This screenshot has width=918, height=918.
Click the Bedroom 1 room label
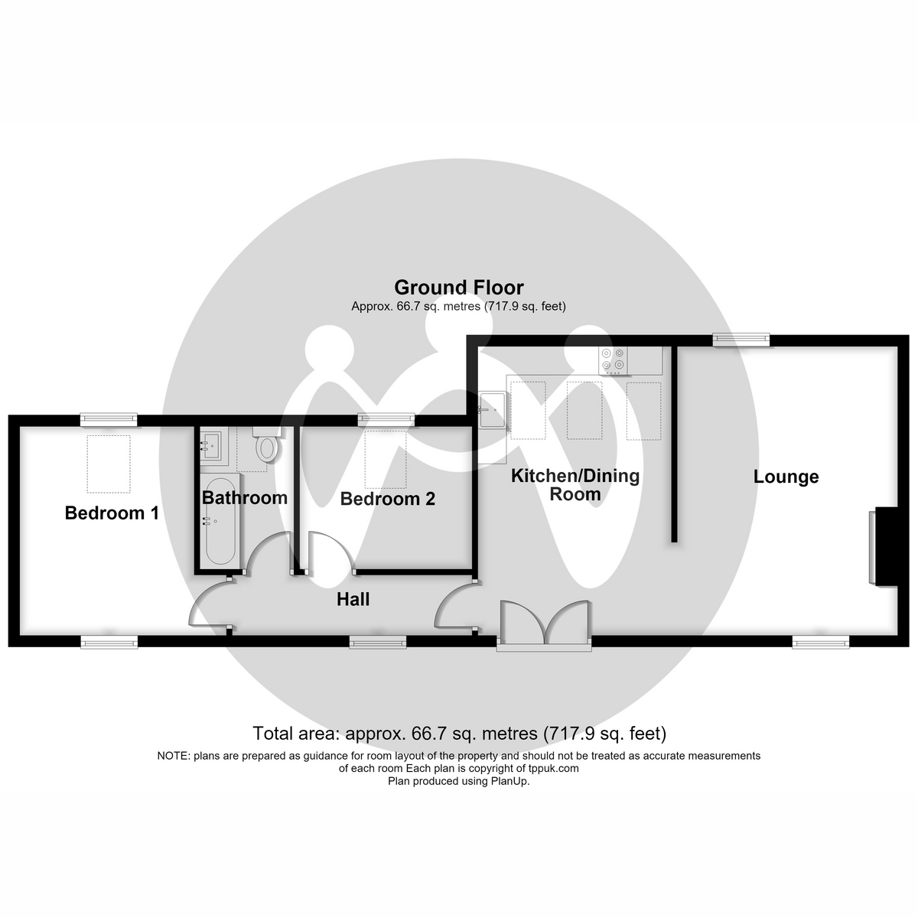[x=112, y=513]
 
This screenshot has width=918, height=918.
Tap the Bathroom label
[x=244, y=498]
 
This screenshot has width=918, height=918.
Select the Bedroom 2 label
[x=387, y=499]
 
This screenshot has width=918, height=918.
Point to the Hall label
[x=353, y=599]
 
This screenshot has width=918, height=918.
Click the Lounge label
[x=786, y=477]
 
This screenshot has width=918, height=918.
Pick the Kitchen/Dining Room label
[x=575, y=485]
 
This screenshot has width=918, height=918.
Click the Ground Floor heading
[x=459, y=288]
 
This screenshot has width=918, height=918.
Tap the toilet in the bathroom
[x=266, y=444]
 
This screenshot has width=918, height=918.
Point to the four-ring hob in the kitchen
[x=613, y=360]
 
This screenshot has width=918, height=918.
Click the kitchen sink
[x=492, y=410]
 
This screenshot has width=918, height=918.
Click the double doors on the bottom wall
[x=544, y=624]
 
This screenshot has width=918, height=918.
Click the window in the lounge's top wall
[x=741, y=339]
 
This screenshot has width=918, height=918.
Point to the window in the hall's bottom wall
[x=378, y=642]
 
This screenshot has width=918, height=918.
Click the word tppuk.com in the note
[x=554, y=768]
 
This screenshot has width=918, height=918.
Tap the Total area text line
[x=459, y=733]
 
